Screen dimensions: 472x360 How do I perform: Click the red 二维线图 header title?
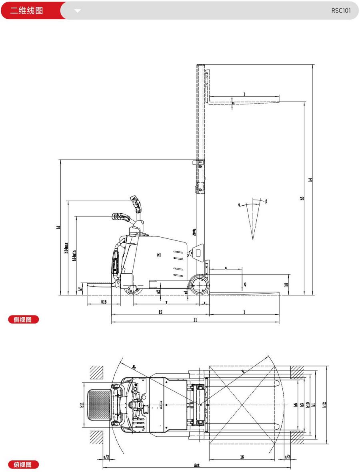point(26,10)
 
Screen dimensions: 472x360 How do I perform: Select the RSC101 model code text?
point(341,11)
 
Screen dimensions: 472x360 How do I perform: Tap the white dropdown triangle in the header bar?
point(78,11)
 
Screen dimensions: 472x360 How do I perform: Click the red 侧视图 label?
point(24,319)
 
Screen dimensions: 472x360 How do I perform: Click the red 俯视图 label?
point(24,464)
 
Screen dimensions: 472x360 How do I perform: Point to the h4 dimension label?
point(310,180)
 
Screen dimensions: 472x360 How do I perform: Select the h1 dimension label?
point(58,227)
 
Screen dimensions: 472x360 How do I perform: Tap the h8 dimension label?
point(286,285)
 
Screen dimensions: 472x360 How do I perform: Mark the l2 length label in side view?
point(160,312)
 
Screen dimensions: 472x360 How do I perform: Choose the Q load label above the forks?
point(245,284)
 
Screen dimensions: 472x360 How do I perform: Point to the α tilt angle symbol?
point(239,204)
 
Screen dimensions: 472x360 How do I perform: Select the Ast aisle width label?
point(196,465)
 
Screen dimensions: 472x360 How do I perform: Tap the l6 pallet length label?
point(242,456)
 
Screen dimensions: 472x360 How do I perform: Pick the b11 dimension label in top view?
point(82,405)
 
